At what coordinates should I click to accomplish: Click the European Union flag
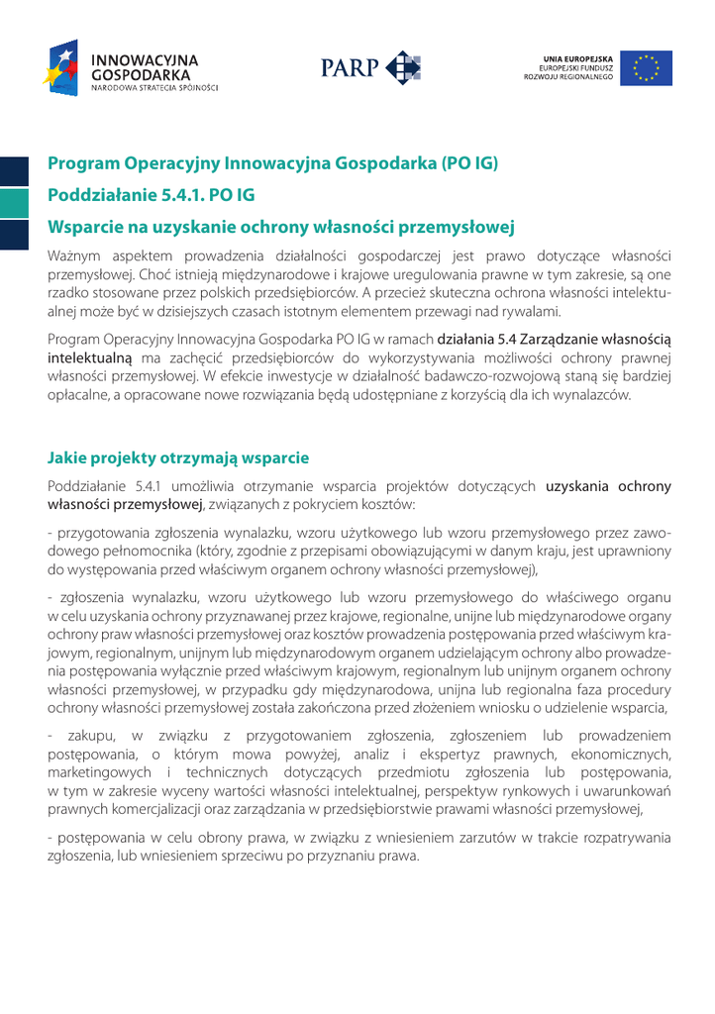(646, 68)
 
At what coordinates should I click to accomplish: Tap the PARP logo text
(350, 68)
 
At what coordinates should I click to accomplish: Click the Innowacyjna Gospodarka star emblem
(61, 67)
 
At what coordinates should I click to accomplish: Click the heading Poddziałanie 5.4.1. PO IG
(152, 195)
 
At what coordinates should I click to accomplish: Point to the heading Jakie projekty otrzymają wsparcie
(178, 457)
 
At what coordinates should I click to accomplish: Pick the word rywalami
(504, 311)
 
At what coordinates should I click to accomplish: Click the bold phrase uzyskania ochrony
(608, 486)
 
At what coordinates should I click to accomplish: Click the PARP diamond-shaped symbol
(403, 68)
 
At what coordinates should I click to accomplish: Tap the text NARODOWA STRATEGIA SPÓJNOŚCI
(154, 88)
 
